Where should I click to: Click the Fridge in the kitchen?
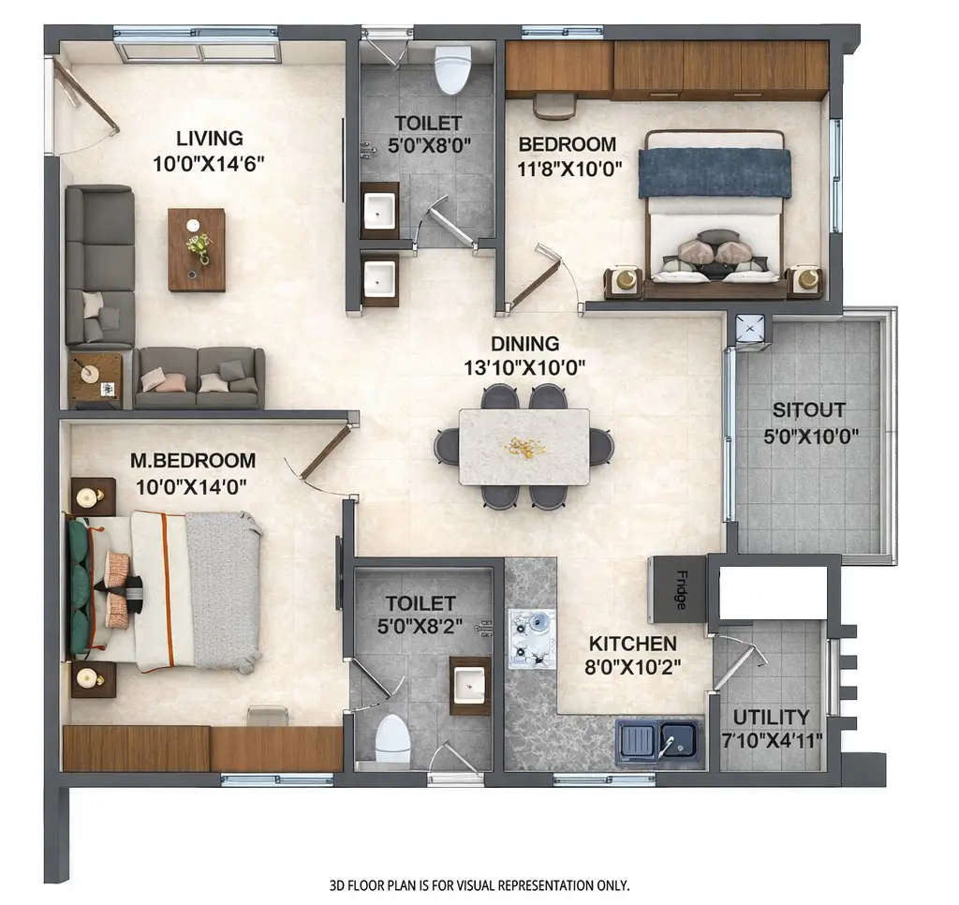(x=679, y=589)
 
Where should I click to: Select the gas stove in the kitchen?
(x=531, y=639)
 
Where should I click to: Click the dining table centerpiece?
(x=524, y=447)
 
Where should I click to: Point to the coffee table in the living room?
(x=196, y=249)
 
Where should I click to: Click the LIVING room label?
(x=210, y=139)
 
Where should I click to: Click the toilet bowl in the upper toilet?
(x=452, y=70)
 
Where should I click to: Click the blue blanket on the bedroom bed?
(x=715, y=172)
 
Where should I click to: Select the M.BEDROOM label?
(x=194, y=461)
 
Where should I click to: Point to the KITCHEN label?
(x=632, y=644)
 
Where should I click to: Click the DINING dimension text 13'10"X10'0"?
(x=524, y=367)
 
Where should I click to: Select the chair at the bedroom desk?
(x=554, y=106)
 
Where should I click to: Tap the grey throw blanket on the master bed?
(x=223, y=590)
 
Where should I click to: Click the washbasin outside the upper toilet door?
(x=379, y=278)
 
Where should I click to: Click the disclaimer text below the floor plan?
(x=479, y=884)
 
